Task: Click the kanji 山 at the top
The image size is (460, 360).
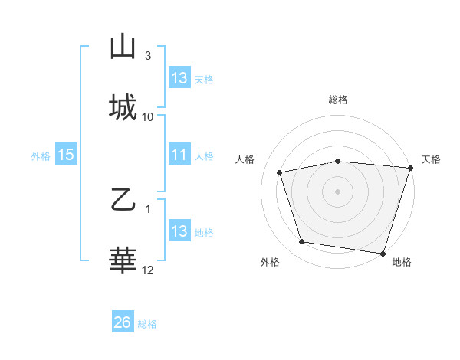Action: click(123, 47)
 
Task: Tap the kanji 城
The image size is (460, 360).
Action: click(123, 107)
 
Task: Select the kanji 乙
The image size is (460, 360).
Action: click(123, 201)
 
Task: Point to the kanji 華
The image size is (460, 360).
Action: click(123, 261)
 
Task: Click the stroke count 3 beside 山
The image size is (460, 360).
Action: click(148, 56)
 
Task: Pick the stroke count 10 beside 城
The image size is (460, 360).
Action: click(148, 116)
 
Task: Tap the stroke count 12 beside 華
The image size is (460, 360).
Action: click(148, 270)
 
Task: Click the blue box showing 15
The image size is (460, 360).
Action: click(66, 155)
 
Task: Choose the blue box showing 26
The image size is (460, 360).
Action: click(123, 323)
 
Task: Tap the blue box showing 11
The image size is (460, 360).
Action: click(179, 155)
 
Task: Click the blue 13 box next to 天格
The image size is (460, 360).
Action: click(179, 78)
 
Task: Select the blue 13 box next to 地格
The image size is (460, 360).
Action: click(179, 232)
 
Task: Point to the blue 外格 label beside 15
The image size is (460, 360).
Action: click(41, 156)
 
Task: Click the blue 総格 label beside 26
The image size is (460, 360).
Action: click(147, 324)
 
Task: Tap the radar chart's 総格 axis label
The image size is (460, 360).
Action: click(337, 100)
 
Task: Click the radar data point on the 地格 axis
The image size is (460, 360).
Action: click(383, 253)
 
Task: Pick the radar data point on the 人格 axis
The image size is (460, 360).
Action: click(280, 172)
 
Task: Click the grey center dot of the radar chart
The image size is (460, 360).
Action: click(337, 191)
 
